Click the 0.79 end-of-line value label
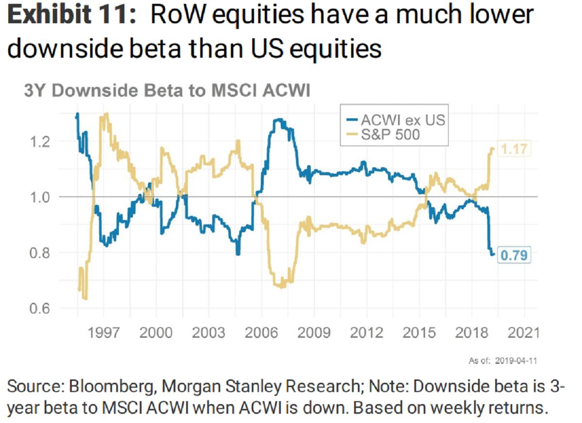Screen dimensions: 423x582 [x=514, y=254]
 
